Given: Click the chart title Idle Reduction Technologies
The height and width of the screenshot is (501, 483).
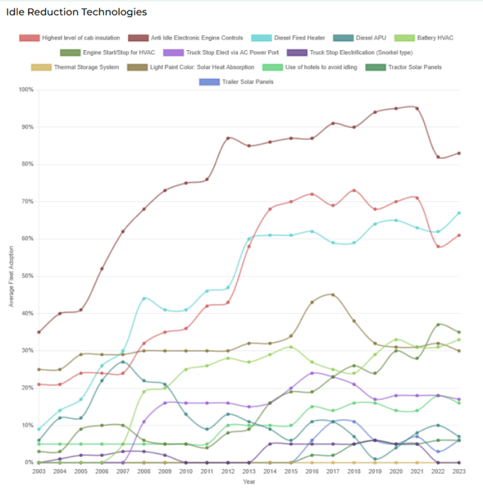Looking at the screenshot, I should point(76,12).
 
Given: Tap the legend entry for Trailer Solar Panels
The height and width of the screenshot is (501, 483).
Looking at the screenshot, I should point(238,82).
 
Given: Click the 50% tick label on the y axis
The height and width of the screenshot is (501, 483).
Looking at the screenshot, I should point(27,276).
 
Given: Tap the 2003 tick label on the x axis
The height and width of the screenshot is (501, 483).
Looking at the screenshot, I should point(38,471).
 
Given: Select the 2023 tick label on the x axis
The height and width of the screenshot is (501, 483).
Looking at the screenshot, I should point(460,471).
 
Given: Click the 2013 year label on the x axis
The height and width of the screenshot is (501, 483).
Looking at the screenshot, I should point(249,471).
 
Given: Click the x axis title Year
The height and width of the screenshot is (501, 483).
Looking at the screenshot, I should point(249,483).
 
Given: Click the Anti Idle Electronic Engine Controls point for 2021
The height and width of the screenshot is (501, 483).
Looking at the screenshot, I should point(417,108).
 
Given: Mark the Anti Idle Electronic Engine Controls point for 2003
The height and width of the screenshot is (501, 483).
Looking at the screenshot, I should point(38,332).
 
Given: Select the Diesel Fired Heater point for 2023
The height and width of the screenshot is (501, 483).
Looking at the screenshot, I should point(460,213).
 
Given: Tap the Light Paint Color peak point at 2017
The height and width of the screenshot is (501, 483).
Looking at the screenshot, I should point(333,295).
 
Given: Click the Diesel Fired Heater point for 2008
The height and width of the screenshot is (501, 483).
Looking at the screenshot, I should point(143,298).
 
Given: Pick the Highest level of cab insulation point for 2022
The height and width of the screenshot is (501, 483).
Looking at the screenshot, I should point(439,247).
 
